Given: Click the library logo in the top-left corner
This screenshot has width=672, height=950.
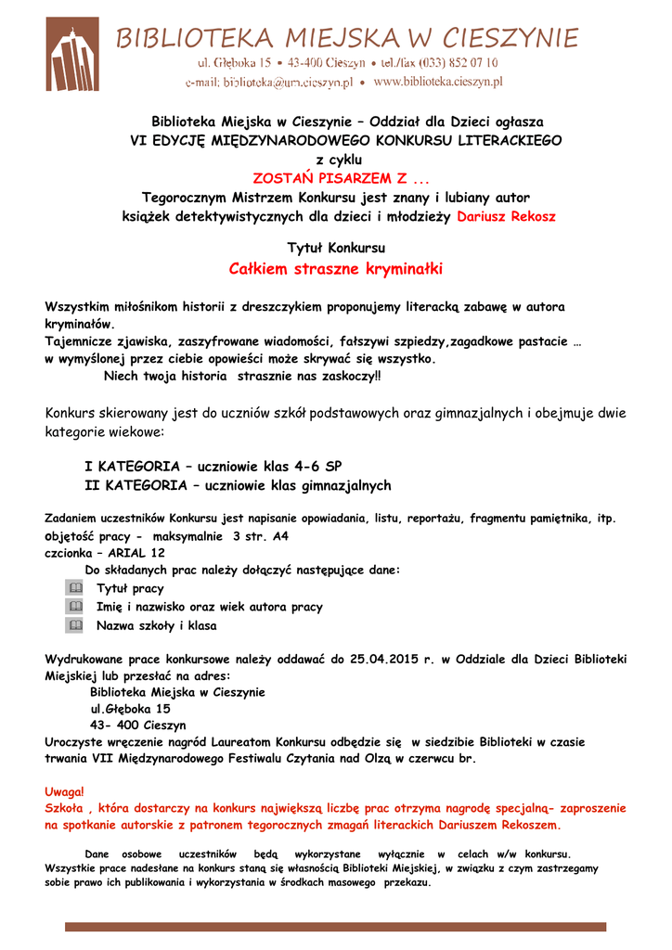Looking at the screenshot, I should (x=71, y=54).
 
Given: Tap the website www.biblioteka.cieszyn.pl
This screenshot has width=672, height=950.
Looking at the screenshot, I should (x=437, y=82).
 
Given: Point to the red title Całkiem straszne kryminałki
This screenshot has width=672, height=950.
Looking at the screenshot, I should (x=335, y=269).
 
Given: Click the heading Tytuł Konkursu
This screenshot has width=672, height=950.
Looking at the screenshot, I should (x=336, y=248).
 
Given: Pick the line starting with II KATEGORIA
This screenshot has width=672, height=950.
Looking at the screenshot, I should (x=238, y=485).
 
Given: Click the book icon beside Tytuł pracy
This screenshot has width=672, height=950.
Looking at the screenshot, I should (x=75, y=588).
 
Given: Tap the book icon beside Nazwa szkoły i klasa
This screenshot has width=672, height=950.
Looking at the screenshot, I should (x=75, y=625).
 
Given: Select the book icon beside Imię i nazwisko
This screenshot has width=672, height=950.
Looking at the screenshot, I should (x=75, y=607).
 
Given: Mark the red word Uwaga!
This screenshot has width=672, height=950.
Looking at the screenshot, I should (x=64, y=790).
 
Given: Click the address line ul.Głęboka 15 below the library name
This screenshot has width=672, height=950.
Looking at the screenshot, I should (x=130, y=708).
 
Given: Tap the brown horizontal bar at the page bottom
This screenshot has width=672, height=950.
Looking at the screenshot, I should (x=335, y=926).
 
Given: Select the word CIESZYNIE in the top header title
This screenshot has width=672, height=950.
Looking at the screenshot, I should (x=504, y=38).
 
